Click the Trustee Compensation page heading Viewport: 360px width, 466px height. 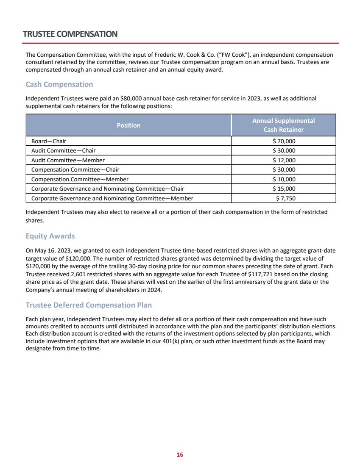coord(70,34)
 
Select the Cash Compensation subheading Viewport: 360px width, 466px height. coord(59,84)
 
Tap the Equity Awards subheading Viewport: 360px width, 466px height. coord(50,236)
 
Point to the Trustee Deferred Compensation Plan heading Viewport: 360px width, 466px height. coord(89,305)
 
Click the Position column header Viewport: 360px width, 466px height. coord(128,125)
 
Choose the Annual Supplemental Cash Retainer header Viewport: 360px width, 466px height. coord(284,125)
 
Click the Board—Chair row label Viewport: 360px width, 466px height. coord(49,141)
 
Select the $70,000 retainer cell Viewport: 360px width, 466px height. coord(284,141)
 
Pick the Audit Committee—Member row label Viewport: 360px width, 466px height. coord(68,160)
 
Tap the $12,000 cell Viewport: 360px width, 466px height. coord(284,160)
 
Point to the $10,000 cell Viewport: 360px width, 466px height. coord(284,179)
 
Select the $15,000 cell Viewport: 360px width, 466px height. coord(284,189)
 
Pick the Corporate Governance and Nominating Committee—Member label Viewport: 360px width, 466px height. coord(112,198)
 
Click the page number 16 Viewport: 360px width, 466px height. coord(180,455)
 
